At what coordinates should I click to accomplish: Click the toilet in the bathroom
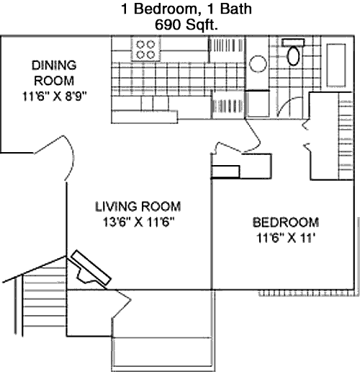click(x=293, y=53)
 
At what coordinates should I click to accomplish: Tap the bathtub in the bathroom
click(x=336, y=65)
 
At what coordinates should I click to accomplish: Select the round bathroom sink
click(x=258, y=64)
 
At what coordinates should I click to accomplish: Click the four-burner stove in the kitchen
click(x=145, y=50)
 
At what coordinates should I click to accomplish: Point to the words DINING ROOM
click(x=54, y=73)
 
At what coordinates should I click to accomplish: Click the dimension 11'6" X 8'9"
click(x=54, y=97)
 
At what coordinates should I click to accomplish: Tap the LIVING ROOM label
click(x=138, y=206)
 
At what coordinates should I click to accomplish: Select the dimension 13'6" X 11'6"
click(x=138, y=222)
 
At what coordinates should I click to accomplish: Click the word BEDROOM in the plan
click(x=286, y=222)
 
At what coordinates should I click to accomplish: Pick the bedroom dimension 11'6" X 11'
click(x=286, y=238)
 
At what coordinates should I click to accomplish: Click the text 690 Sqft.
click(x=186, y=25)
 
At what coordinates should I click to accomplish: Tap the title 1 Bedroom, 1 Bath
click(x=186, y=9)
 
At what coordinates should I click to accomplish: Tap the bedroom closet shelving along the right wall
click(x=346, y=136)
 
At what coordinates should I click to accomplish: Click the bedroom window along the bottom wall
click(x=307, y=293)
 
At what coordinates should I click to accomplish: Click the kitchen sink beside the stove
click(x=225, y=45)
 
